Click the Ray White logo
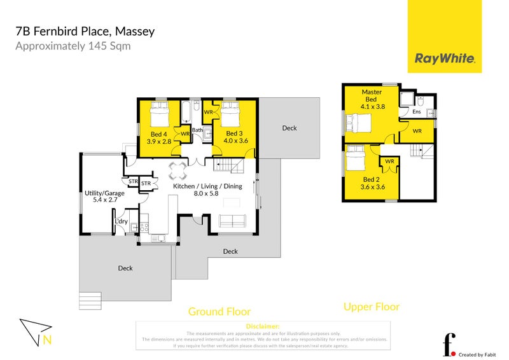pos(445,59)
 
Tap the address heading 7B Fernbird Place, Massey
pos(85,31)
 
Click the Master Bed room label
pos(372,95)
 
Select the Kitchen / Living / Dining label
pos(207,186)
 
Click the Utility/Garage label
pos(102,191)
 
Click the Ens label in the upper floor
pos(416,112)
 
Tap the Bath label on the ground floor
pos(197,130)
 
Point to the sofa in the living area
pos(233,221)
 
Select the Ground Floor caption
pos(219,312)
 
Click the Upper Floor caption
pos(372,307)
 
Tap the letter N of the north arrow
pos(47,340)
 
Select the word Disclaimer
pos(262,326)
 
